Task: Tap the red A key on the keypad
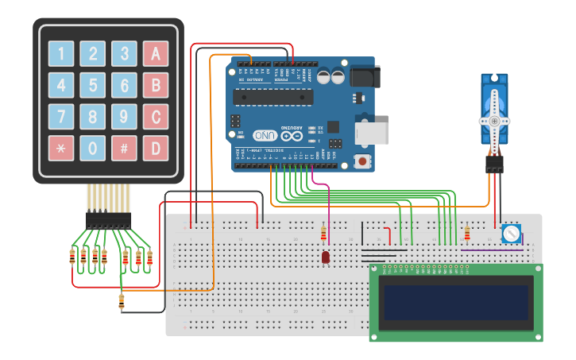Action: click(x=156, y=54)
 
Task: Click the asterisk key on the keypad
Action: click(x=61, y=148)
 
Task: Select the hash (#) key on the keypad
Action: click(x=124, y=148)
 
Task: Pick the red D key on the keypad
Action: click(x=156, y=148)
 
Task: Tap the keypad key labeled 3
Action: click(x=124, y=54)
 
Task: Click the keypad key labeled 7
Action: click(x=61, y=117)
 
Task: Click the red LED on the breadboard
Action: click(x=326, y=257)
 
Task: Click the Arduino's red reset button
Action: click(x=363, y=161)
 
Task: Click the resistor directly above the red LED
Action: click(x=323, y=234)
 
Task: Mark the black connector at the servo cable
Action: click(x=495, y=165)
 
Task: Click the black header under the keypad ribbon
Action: click(x=109, y=219)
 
